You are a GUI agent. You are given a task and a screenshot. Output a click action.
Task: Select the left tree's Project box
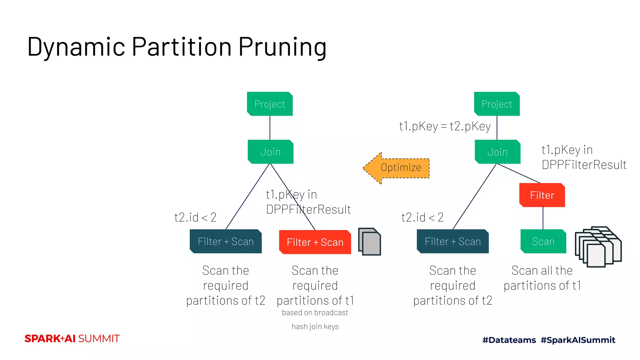pyautogui.click(x=270, y=104)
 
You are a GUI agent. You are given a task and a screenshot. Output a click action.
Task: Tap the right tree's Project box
pyautogui.click(x=497, y=104)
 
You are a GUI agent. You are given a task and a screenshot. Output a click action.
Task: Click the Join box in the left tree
pyautogui.click(x=270, y=152)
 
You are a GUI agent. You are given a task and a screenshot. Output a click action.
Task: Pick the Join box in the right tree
pyautogui.click(x=497, y=152)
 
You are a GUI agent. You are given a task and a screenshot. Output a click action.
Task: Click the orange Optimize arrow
pyautogui.click(x=397, y=168)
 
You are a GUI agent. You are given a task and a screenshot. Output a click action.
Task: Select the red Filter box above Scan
pyautogui.click(x=542, y=195)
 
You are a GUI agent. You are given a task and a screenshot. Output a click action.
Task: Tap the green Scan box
pyautogui.click(x=543, y=241)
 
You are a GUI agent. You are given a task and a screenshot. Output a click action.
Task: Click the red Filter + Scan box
pyautogui.click(x=315, y=242)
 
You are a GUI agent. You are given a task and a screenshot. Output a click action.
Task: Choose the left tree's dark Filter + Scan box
pyautogui.click(x=226, y=241)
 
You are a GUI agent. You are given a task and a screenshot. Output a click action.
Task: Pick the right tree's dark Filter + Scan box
pyautogui.click(x=452, y=241)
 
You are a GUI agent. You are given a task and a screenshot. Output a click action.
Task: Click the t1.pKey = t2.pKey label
pyautogui.click(x=445, y=126)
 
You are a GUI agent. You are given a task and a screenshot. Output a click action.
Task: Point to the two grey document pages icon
pyautogui.click(x=369, y=242)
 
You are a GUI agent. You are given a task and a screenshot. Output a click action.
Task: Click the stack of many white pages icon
pyautogui.click(x=598, y=247)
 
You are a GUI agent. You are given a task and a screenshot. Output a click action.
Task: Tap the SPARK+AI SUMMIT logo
pyautogui.click(x=72, y=338)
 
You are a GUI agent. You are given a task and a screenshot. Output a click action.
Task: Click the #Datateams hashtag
pyautogui.click(x=509, y=340)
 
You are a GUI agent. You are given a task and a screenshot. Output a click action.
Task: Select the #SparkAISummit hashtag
pyautogui.click(x=578, y=340)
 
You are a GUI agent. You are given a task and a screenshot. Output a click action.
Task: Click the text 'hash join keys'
pyautogui.click(x=315, y=327)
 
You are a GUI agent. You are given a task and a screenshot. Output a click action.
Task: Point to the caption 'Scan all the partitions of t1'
pyautogui.click(x=542, y=278)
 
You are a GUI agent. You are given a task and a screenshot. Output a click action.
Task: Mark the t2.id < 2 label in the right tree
pyautogui.click(x=422, y=217)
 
